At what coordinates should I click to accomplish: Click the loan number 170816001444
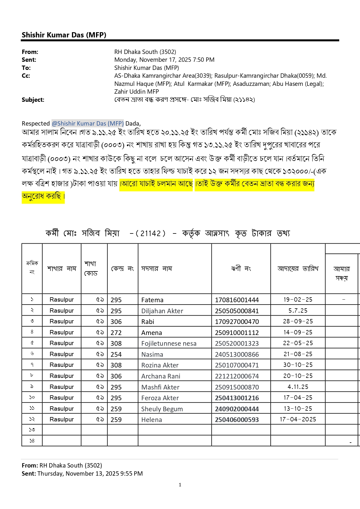click(x=237, y=300)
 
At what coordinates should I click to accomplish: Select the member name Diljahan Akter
click(x=162, y=311)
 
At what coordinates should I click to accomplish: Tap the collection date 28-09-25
click(x=298, y=321)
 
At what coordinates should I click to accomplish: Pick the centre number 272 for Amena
click(x=116, y=333)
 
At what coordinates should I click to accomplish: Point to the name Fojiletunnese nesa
click(x=169, y=343)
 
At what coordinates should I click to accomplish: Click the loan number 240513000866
click(x=237, y=354)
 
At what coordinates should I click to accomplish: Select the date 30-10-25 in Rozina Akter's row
click(x=298, y=365)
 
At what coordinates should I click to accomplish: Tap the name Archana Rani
click(x=161, y=376)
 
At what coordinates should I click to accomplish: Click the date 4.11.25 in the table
click(x=298, y=387)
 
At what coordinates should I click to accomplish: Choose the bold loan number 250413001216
click(x=237, y=398)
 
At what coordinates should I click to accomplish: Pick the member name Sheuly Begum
click(x=162, y=409)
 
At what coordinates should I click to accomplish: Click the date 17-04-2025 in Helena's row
click(x=298, y=419)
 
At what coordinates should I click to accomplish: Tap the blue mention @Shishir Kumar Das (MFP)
click(x=88, y=124)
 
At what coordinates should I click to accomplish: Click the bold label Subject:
click(x=33, y=100)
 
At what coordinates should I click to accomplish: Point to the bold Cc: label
click(x=26, y=76)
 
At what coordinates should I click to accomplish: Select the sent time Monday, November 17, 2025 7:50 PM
click(x=164, y=60)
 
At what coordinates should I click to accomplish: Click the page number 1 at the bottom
click(x=180, y=485)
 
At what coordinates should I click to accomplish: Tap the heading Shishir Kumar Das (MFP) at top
click(x=64, y=35)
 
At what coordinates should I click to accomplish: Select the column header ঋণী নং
click(x=241, y=269)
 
